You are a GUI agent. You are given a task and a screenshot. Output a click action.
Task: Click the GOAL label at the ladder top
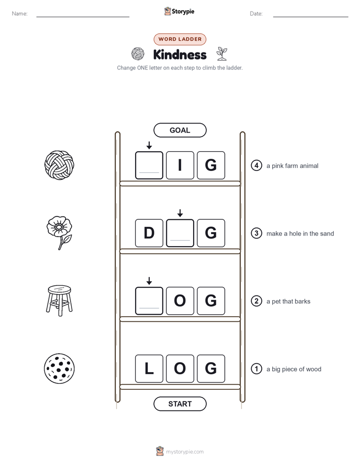pos(179,130)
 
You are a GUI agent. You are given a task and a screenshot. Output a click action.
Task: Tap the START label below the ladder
pos(179,404)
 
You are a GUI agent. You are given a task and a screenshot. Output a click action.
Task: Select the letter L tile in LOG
pos(149,369)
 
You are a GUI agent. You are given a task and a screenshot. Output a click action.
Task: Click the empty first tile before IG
pos(149,165)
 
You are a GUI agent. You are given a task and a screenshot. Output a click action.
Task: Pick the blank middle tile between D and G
pos(180,233)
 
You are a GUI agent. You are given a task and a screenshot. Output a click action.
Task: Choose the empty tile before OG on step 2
pos(149,301)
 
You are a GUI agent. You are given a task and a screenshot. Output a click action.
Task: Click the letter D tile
pos(149,233)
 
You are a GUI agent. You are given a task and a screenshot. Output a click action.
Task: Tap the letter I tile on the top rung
pos(180,165)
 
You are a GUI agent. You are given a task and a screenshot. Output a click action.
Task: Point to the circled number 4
pos(256,165)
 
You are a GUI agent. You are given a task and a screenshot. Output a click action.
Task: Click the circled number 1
pos(256,369)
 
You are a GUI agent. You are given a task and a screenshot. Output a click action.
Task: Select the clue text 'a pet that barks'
pos(288,302)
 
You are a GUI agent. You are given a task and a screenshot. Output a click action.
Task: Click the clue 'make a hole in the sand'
pos(300,234)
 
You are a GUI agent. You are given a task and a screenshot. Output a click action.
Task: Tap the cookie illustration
pos(59,369)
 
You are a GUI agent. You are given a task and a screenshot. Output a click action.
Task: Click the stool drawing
pos(59,301)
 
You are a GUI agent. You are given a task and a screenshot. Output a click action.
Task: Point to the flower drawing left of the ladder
pos(59,232)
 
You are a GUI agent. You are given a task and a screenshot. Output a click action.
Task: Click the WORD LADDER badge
pos(179,39)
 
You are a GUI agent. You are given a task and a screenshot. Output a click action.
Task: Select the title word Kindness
pos(179,54)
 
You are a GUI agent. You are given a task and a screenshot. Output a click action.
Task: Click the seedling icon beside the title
pos(221,53)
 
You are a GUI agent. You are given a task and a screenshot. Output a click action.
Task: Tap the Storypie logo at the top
pos(179,11)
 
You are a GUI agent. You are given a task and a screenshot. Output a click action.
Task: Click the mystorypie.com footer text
pos(185,452)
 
